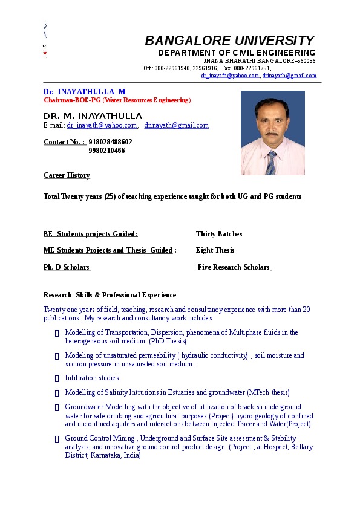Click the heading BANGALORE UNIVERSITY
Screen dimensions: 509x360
tap(229, 41)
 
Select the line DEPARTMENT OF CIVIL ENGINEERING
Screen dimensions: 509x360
tap(237, 53)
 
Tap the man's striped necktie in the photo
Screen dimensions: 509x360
tap(270, 162)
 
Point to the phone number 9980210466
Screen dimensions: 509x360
tap(106, 151)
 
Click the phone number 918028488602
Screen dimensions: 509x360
tap(110, 142)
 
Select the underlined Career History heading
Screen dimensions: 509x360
tap(67, 175)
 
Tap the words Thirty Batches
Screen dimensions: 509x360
tap(219, 234)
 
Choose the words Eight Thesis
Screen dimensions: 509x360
tap(215, 250)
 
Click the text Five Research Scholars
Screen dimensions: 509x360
tap(234, 267)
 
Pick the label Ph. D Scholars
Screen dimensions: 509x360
tap(67, 267)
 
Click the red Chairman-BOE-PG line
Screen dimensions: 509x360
tap(117, 100)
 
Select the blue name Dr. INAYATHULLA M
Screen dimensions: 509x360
tap(84, 92)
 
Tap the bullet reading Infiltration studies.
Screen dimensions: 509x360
tap(93, 378)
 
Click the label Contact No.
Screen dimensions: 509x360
tap(64, 142)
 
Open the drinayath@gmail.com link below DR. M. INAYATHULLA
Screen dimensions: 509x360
tap(176, 126)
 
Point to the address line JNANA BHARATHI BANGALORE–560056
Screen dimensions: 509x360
tap(259, 61)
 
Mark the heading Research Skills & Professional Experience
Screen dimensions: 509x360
tap(110, 295)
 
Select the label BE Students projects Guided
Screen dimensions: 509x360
tap(90, 234)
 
